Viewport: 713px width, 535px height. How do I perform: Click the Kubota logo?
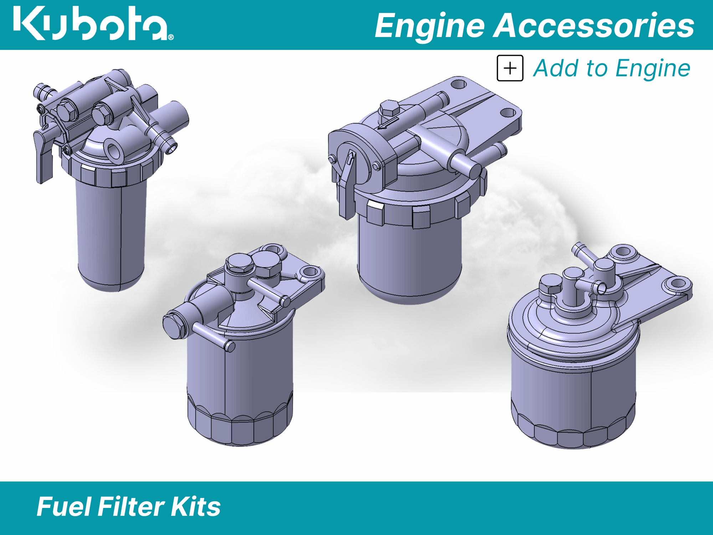coord(91,24)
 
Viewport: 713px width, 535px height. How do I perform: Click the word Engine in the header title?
coord(430,26)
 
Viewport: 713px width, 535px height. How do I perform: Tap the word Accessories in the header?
coord(594,26)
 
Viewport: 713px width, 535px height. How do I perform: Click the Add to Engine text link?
coord(611,68)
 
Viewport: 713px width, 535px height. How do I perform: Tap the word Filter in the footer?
coord(130,507)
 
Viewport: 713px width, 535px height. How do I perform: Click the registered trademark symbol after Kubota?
coord(171,37)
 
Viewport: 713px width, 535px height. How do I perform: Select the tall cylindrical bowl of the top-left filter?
coord(111,232)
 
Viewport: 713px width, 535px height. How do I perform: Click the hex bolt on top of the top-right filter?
coord(389,108)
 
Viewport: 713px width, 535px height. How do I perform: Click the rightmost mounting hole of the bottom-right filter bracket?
coord(678,284)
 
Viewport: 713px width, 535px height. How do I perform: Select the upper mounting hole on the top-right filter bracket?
coord(458,85)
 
